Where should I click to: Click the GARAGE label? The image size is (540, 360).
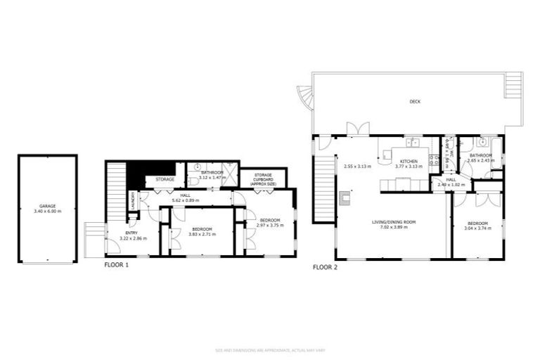click(x=47, y=206)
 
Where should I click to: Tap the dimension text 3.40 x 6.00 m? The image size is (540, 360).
click(x=47, y=211)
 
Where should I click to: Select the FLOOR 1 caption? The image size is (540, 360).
click(x=116, y=266)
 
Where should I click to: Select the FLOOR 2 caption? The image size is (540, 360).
click(x=325, y=267)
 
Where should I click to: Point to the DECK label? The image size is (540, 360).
click(x=415, y=102)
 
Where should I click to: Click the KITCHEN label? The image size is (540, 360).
click(x=409, y=161)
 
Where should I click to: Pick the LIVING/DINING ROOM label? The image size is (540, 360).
click(x=394, y=222)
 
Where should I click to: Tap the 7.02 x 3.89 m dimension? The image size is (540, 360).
click(x=394, y=227)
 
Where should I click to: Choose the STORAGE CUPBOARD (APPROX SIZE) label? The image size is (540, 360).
click(x=264, y=179)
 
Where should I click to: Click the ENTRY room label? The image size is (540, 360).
click(x=131, y=233)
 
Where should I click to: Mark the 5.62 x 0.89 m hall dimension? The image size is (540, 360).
click(x=186, y=200)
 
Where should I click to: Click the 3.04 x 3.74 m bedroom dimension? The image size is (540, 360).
click(x=479, y=229)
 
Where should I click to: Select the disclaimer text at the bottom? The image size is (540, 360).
click(x=270, y=349)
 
